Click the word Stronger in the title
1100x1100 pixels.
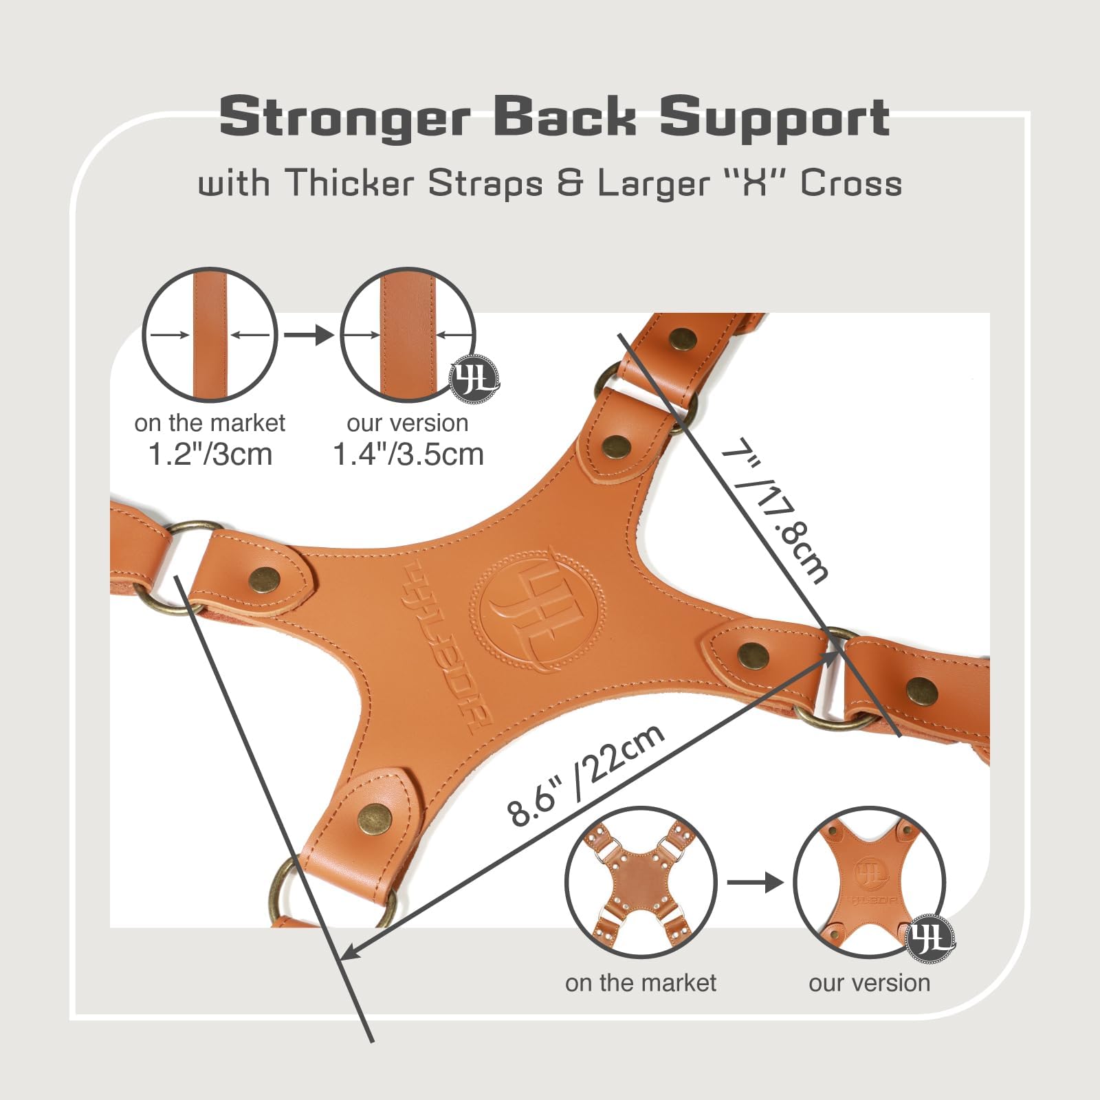tap(344, 118)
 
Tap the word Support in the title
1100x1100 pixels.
tap(775, 118)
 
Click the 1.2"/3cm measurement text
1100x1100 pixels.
tap(210, 454)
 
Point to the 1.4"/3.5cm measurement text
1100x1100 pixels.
tap(408, 454)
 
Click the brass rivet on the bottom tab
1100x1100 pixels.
tap(374, 817)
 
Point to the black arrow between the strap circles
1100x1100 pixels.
tap(309, 335)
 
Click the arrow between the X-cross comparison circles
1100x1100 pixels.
tap(755, 883)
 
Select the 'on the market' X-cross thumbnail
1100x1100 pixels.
tap(641, 883)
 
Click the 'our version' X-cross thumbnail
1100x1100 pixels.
tap(870, 883)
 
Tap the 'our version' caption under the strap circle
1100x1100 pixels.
tap(408, 423)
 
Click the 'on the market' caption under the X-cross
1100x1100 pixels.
tap(641, 983)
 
